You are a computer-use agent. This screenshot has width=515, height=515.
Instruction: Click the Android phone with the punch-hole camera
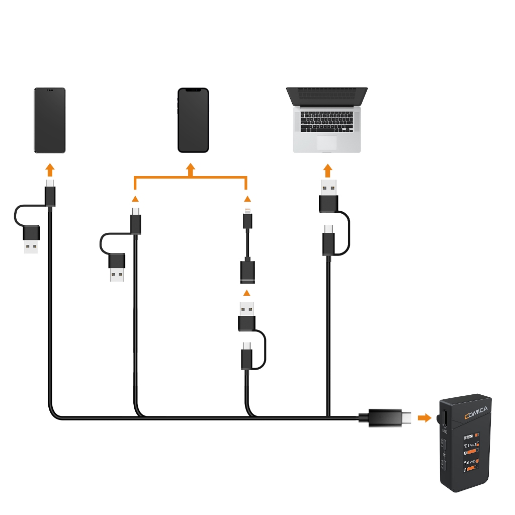coord(49,120)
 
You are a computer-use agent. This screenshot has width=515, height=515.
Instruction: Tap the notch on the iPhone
coord(193,91)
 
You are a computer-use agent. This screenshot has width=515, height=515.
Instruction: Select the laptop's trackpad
coord(327,143)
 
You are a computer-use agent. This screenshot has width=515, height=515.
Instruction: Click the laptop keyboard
coord(327,121)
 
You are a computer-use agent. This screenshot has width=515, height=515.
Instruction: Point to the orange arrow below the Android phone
coord(49,169)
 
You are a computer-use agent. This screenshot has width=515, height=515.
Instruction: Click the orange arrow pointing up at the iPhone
coord(191,170)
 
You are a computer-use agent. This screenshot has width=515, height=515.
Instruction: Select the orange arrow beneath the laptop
coord(328,170)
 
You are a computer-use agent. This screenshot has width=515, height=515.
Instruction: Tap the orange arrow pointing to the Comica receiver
coord(425,417)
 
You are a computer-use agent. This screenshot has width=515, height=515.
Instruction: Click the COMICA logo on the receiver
coord(475,412)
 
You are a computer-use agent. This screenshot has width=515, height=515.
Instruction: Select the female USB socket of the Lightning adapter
coord(247,272)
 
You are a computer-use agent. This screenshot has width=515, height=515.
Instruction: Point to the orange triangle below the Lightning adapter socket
coord(247,293)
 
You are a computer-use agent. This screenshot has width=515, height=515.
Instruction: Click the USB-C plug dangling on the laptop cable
coord(328,241)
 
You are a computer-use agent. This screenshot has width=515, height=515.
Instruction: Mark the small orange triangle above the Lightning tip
coord(247,199)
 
